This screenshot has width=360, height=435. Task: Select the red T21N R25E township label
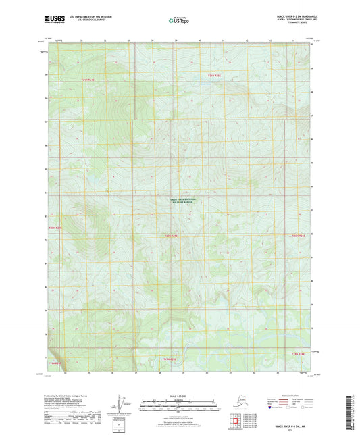coord(214,75)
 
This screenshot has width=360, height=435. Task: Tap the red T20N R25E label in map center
coord(172,236)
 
